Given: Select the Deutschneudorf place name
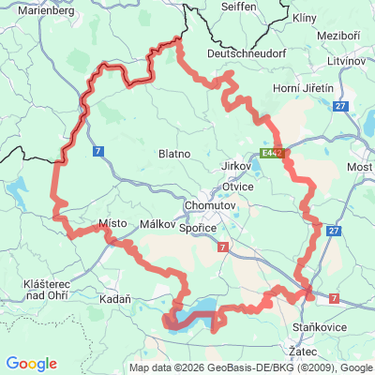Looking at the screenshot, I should [245, 54].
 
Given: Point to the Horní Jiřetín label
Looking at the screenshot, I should [307, 87].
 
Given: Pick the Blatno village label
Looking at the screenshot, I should [174, 153].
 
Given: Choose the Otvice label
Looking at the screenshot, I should [262, 187].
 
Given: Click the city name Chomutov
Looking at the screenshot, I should [207, 203].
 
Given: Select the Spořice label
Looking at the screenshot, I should [200, 227].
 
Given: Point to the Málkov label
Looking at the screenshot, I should [157, 225].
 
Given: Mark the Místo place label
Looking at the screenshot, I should [112, 224].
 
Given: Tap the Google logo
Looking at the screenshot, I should [32, 364].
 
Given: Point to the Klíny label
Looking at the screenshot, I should [305, 18].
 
